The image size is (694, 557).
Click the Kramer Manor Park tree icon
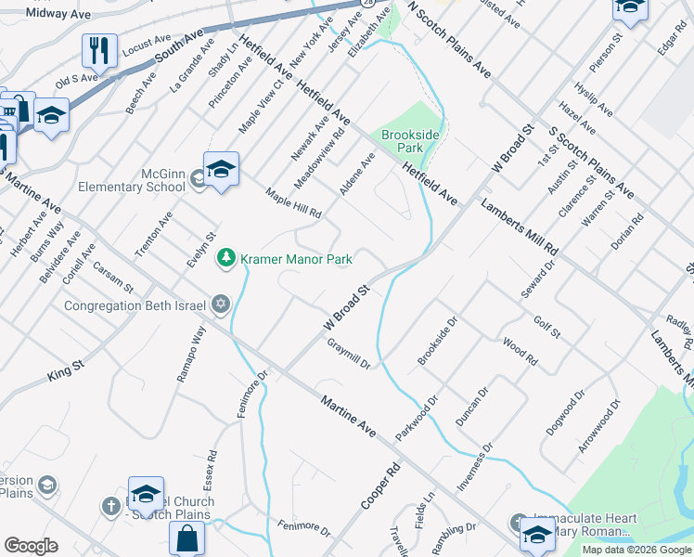tap(225, 258)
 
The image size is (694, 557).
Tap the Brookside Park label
tap(408, 141)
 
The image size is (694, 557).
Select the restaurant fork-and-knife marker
tap(99, 52)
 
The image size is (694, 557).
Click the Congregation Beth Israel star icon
tap(221, 304)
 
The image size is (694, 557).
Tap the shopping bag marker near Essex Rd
tap(186, 539)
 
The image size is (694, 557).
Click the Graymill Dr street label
tap(349, 353)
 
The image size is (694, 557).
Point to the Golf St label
tap(546, 327)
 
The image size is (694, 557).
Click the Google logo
tap(31, 546)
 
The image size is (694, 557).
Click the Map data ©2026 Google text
tap(636, 550)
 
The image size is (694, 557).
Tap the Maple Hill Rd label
tap(293, 203)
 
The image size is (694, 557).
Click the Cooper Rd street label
tap(380, 486)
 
